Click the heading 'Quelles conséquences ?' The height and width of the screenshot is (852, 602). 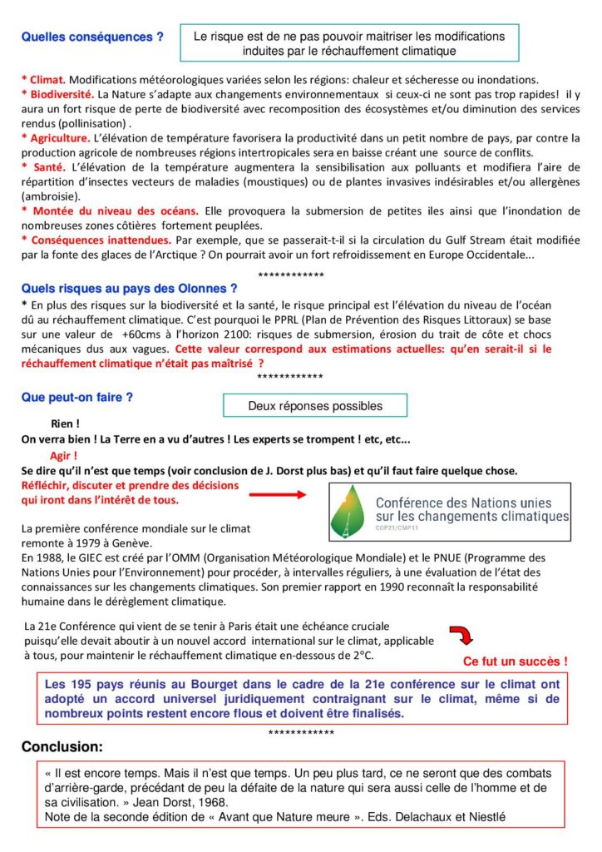[x=92, y=37]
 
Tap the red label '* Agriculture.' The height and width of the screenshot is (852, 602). [x=56, y=139]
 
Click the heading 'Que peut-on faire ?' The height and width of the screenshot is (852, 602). [x=76, y=397]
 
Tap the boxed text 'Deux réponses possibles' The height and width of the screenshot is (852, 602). [x=315, y=406]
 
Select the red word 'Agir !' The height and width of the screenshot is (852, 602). [x=64, y=455]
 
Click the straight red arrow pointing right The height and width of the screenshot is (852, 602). [x=279, y=495]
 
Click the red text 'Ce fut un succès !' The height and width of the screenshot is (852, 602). [x=515, y=661]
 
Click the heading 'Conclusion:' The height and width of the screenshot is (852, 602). [x=62, y=746]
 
